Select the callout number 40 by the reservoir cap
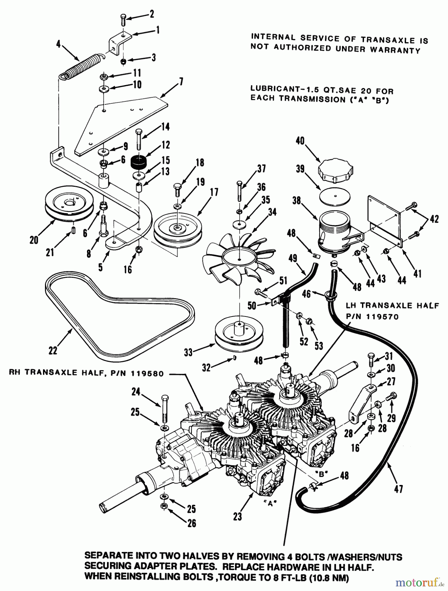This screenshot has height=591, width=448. pos(300,141)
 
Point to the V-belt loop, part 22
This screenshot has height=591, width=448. pos(118,318)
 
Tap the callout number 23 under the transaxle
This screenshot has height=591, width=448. pos(237,516)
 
